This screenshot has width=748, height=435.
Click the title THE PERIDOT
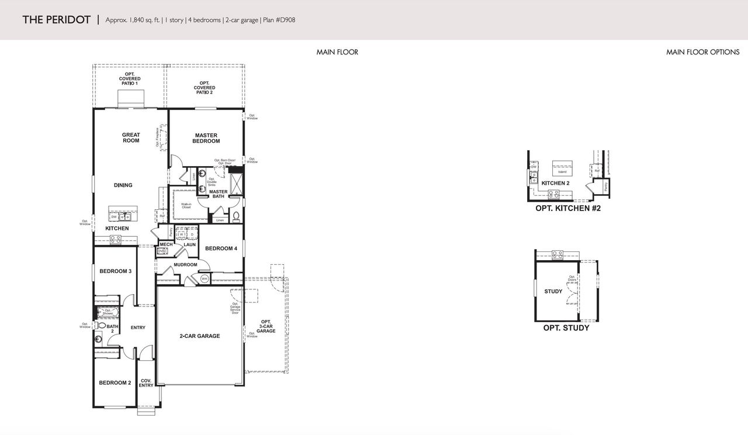click(56, 20)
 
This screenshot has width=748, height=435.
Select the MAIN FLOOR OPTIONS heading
click(702, 52)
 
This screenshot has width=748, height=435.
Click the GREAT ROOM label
click(131, 138)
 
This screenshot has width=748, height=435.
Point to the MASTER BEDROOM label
click(206, 138)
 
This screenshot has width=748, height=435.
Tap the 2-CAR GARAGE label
click(199, 336)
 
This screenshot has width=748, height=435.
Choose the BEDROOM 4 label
click(221, 248)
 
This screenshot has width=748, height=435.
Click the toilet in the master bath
click(236, 217)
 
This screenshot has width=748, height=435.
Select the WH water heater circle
click(205, 279)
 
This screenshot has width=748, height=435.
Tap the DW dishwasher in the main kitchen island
click(114, 216)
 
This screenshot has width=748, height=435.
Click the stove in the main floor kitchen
click(116, 239)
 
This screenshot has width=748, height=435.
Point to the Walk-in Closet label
click(186, 206)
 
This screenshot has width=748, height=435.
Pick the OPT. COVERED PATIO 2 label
click(205, 88)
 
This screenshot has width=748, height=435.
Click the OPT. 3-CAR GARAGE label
click(266, 326)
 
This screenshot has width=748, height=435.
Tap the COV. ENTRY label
click(146, 383)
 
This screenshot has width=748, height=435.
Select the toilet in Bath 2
click(101, 326)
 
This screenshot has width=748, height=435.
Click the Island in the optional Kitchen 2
click(562, 170)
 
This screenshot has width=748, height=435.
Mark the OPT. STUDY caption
click(566, 328)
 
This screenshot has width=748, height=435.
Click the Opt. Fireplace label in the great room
click(158, 138)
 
